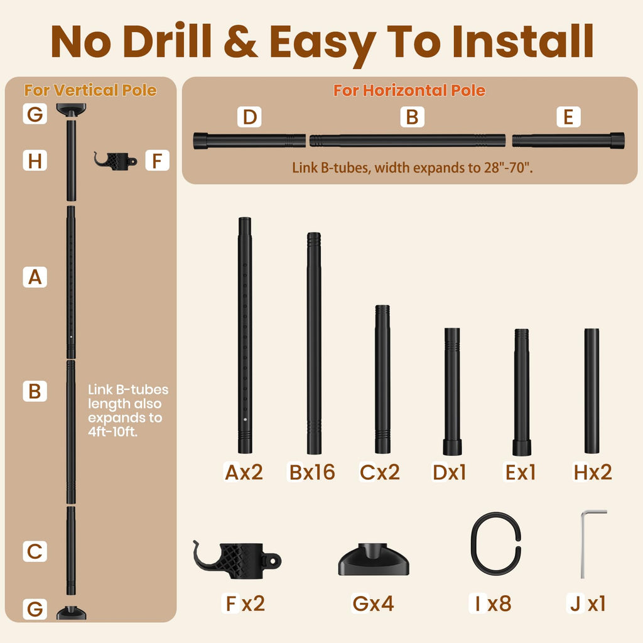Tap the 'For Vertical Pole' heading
tap(90, 90)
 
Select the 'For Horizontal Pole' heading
tap(409, 90)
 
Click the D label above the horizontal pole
tap(249, 117)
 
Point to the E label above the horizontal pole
tap(568, 117)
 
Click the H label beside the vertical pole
tap(35, 160)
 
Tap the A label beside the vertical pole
tap(35, 277)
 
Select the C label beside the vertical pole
tap(35, 551)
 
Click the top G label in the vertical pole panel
tap(35, 114)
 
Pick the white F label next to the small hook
tap(158, 160)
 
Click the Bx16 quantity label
tap(312, 472)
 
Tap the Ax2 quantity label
tap(244, 472)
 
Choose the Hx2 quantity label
tap(593, 472)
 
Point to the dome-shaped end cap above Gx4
tap(374, 559)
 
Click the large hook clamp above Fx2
tap(237, 559)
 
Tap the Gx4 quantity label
tap(373, 603)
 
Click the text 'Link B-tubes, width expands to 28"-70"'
tap(413, 168)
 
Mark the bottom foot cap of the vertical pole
tap(72, 613)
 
